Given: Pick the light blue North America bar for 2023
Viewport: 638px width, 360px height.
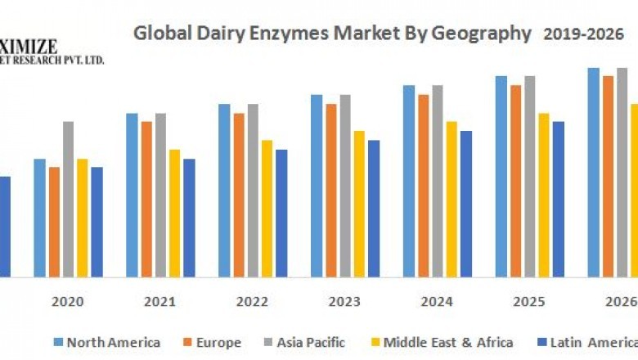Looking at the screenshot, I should (x=317, y=186).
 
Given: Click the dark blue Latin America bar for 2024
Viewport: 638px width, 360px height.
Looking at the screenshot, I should (x=465, y=204).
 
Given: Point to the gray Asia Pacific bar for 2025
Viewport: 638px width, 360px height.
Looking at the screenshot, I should (x=530, y=176).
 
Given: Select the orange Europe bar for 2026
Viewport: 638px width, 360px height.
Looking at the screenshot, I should (x=608, y=176).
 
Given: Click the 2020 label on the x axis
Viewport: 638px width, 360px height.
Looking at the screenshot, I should (x=68, y=302).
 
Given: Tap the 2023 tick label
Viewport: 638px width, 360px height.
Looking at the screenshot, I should (x=344, y=302).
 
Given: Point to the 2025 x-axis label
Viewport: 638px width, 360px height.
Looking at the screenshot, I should (x=529, y=302).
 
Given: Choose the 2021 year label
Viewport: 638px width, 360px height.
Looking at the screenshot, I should (x=159, y=302).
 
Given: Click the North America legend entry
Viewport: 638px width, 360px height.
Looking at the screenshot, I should (x=107, y=342).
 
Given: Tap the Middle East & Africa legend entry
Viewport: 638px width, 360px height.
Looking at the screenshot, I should (x=442, y=342).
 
